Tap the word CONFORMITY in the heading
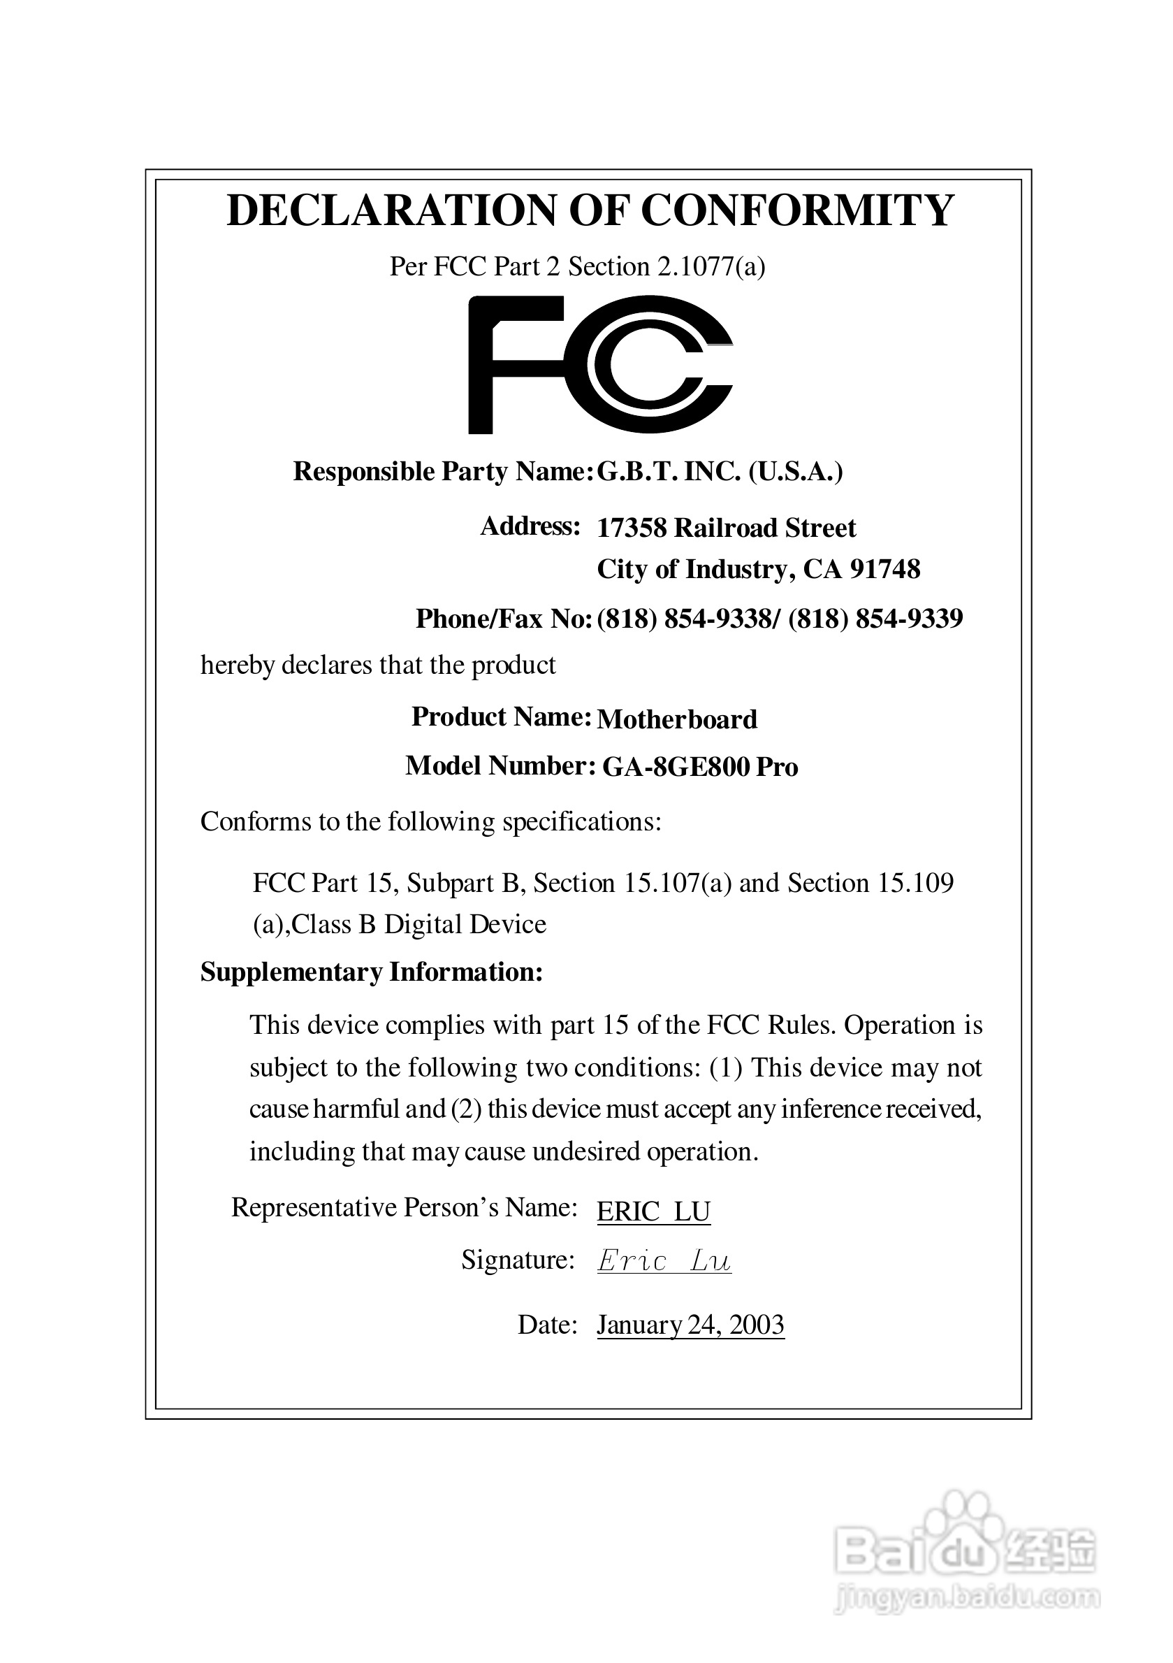[797, 211]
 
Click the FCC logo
[600, 364]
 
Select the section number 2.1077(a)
[711, 266]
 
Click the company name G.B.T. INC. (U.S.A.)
[720, 472]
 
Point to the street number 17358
[631, 528]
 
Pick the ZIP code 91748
[885, 569]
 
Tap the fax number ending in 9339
[875, 619]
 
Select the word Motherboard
[677, 719]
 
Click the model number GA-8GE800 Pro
[699, 767]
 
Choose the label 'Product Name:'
[501, 717]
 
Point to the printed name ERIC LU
[653, 1211]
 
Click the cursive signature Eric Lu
[663, 1262]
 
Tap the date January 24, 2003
[690, 1325]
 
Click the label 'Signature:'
[518, 1260]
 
